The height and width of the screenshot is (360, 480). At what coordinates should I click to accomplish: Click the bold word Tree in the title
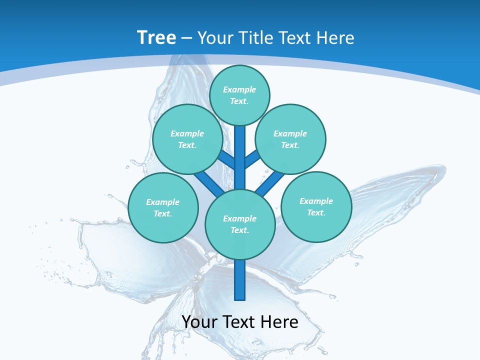tap(156, 38)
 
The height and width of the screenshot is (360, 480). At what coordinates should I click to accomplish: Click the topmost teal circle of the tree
tap(239, 95)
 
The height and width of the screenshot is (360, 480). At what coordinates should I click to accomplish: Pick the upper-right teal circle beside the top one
tap(290, 139)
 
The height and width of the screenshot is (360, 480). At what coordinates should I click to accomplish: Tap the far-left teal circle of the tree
tap(163, 207)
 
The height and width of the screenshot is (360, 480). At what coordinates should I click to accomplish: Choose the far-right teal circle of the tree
tap(316, 206)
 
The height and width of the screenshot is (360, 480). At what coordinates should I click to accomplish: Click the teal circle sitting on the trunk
tap(240, 224)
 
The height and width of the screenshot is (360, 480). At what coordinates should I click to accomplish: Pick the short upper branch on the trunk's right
tap(252, 159)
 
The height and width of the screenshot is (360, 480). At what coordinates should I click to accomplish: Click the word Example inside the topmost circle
tap(239, 89)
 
